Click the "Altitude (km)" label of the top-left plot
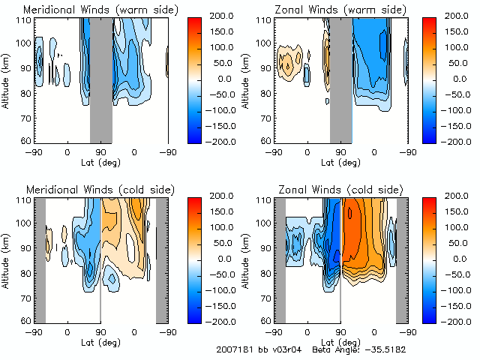pos(7,79)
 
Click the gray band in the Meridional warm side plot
pos(101,79)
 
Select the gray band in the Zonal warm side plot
pos(341,79)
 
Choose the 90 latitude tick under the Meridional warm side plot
pos(101,151)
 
